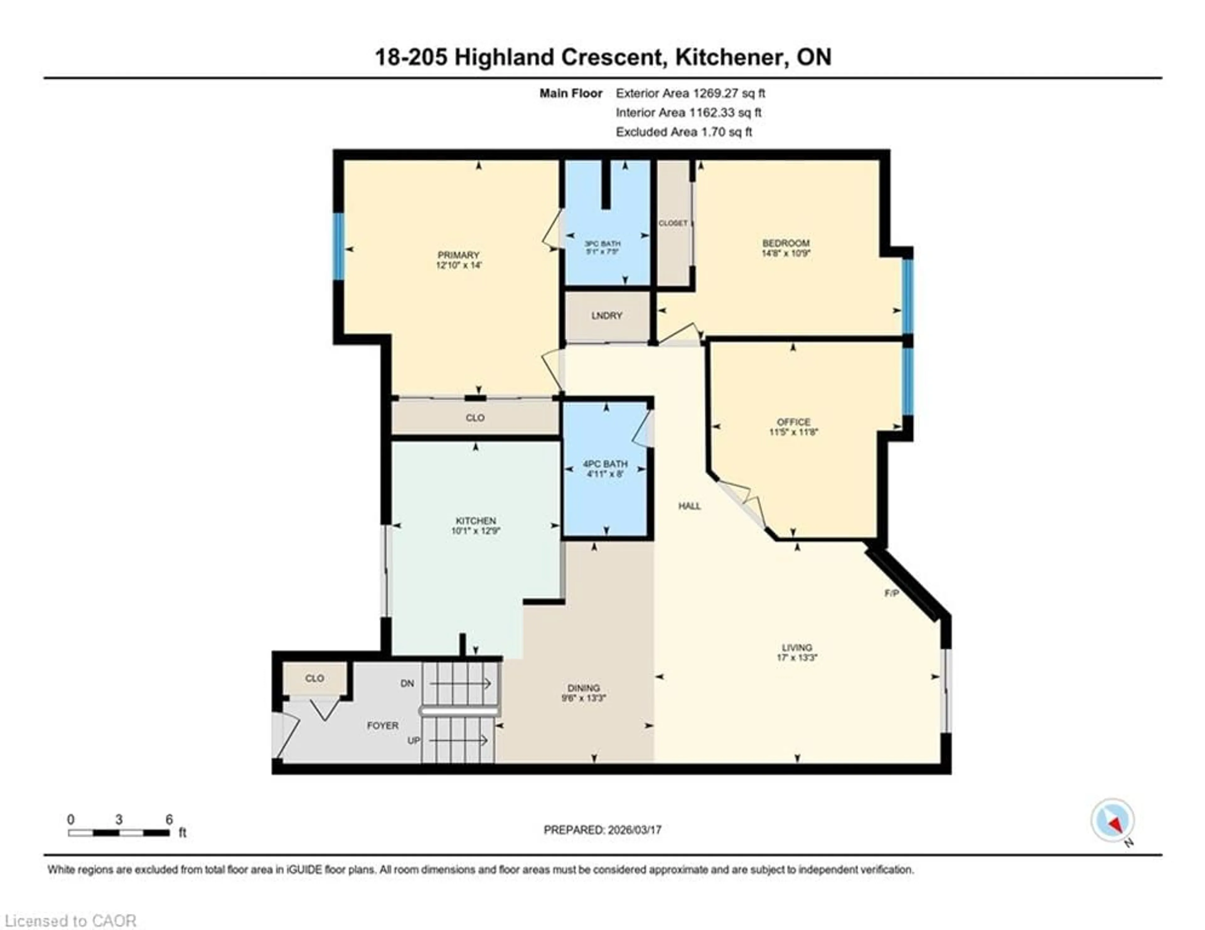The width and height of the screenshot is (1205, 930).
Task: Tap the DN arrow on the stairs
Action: click(x=461, y=683)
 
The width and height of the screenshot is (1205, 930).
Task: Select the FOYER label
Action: click(x=382, y=725)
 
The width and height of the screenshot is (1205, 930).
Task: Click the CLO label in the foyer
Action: click(x=314, y=678)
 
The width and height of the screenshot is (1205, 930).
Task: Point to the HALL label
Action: click(x=689, y=506)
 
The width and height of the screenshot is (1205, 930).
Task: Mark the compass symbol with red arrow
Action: click(x=1112, y=820)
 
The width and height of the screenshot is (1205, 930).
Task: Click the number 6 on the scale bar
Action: click(x=169, y=819)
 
